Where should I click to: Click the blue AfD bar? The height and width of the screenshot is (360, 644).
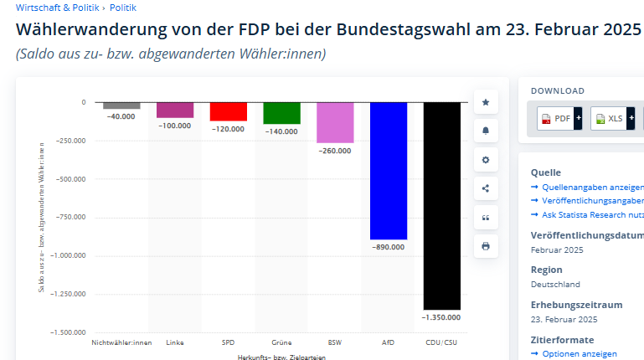click(x=388, y=171)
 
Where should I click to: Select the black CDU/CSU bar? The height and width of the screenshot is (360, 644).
click(x=441, y=206)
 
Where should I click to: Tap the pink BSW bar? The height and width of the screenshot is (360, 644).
click(x=334, y=122)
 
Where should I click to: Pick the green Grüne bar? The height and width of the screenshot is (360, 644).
click(x=281, y=113)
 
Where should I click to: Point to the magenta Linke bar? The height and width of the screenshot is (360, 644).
click(x=175, y=110)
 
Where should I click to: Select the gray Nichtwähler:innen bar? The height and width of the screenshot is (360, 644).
click(x=121, y=105)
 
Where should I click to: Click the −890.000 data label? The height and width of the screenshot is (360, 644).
click(x=388, y=247)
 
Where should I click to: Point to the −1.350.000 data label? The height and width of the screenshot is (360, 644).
click(x=441, y=317)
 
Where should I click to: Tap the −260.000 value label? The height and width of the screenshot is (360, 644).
click(x=334, y=151)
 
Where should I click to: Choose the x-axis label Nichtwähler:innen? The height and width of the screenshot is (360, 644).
click(x=121, y=342)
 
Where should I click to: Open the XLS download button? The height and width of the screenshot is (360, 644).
click(x=610, y=119)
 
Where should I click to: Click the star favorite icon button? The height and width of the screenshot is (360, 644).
click(x=486, y=102)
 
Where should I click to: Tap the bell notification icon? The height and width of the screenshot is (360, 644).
click(x=486, y=131)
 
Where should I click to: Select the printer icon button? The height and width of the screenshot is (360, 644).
click(x=486, y=246)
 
